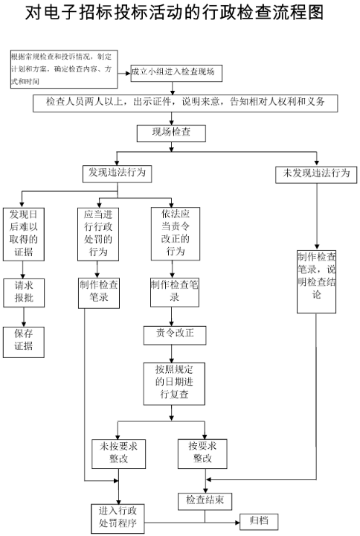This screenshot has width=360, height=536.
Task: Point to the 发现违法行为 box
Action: pos(117,173)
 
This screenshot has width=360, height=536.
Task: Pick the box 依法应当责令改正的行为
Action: pos(176,233)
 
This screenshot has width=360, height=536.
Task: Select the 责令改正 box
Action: pos(176,334)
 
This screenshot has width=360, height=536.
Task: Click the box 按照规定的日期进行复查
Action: pos(176,384)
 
